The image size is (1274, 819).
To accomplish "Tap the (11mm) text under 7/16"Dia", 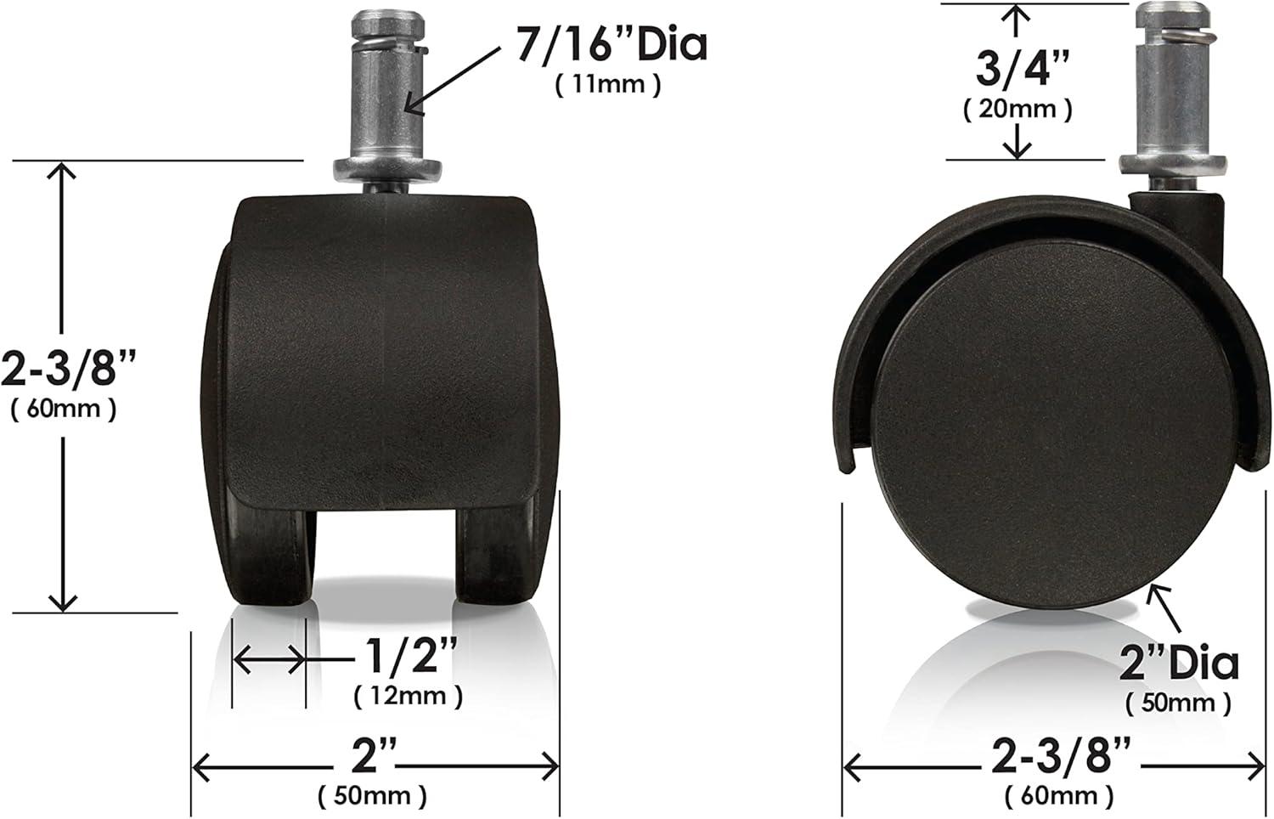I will point(607,85).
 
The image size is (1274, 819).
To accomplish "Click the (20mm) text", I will point(1018,108).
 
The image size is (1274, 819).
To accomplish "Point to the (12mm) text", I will point(408,696).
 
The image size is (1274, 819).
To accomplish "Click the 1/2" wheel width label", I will point(411,658).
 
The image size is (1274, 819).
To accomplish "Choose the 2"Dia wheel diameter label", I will point(1178,663).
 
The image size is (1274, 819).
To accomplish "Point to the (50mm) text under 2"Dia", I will point(1177,703).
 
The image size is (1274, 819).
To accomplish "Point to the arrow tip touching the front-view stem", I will point(408,109).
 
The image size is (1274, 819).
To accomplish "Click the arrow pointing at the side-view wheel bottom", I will point(1159,599).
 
